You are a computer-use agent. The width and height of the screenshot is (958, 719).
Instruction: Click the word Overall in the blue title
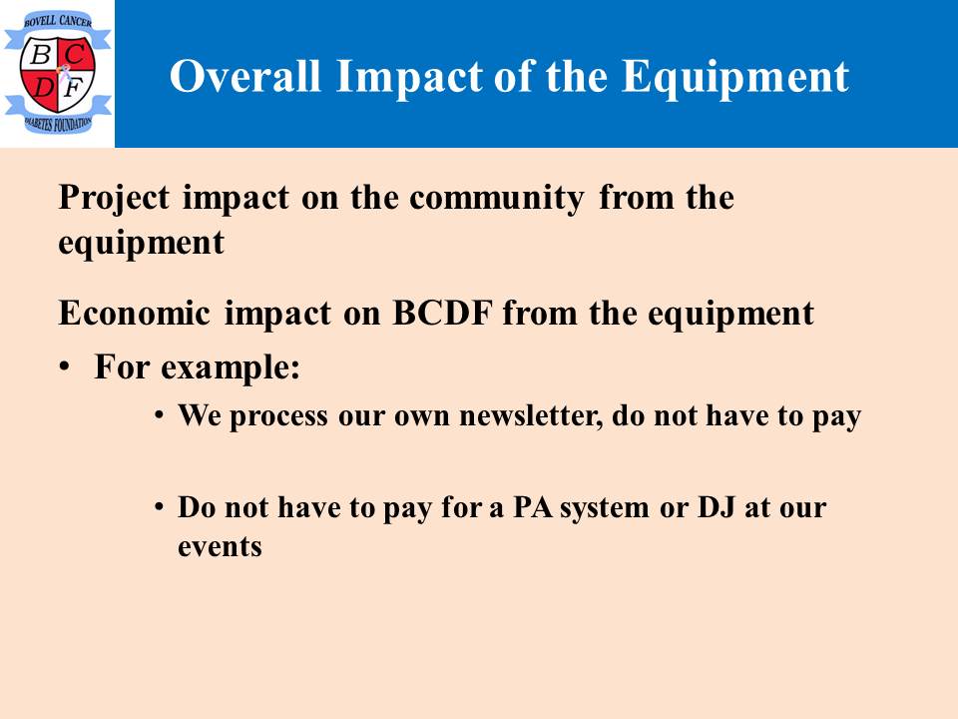(x=245, y=77)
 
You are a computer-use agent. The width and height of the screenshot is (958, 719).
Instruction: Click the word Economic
(x=135, y=313)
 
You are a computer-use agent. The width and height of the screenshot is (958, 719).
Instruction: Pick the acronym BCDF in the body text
(x=442, y=313)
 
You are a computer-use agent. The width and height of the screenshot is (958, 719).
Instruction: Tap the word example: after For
(x=231, y=368)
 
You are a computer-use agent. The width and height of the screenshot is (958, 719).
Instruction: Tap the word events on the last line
(x=220, y=546)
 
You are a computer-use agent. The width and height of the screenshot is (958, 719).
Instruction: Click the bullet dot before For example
(x=64, y=367)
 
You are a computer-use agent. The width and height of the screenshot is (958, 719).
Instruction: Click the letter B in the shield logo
(x=40, y=55)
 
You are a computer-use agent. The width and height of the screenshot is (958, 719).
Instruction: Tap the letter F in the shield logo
(x=73, y=89)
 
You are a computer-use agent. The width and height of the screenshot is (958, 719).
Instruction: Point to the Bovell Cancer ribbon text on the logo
(x=58, y=21)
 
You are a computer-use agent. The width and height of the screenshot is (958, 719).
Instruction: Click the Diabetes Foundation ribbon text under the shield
(x=58, y=124)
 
